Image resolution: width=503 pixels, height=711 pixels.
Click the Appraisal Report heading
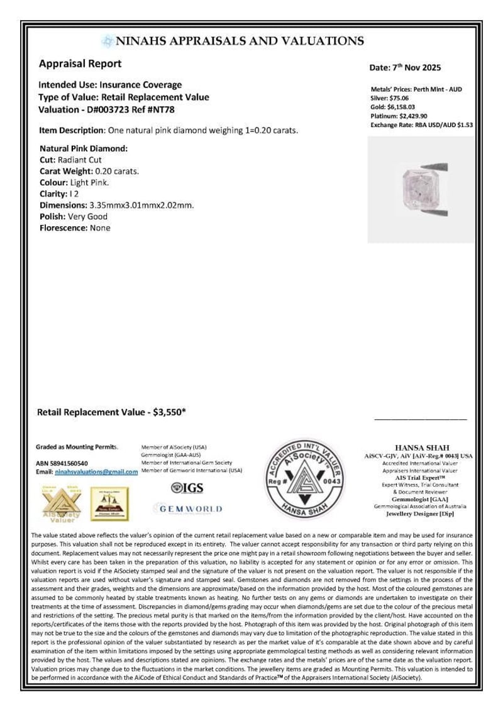80,63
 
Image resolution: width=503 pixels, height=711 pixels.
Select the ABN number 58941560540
79,463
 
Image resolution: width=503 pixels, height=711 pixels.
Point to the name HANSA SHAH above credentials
421,447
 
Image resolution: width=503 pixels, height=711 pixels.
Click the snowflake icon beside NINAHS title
108,41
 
